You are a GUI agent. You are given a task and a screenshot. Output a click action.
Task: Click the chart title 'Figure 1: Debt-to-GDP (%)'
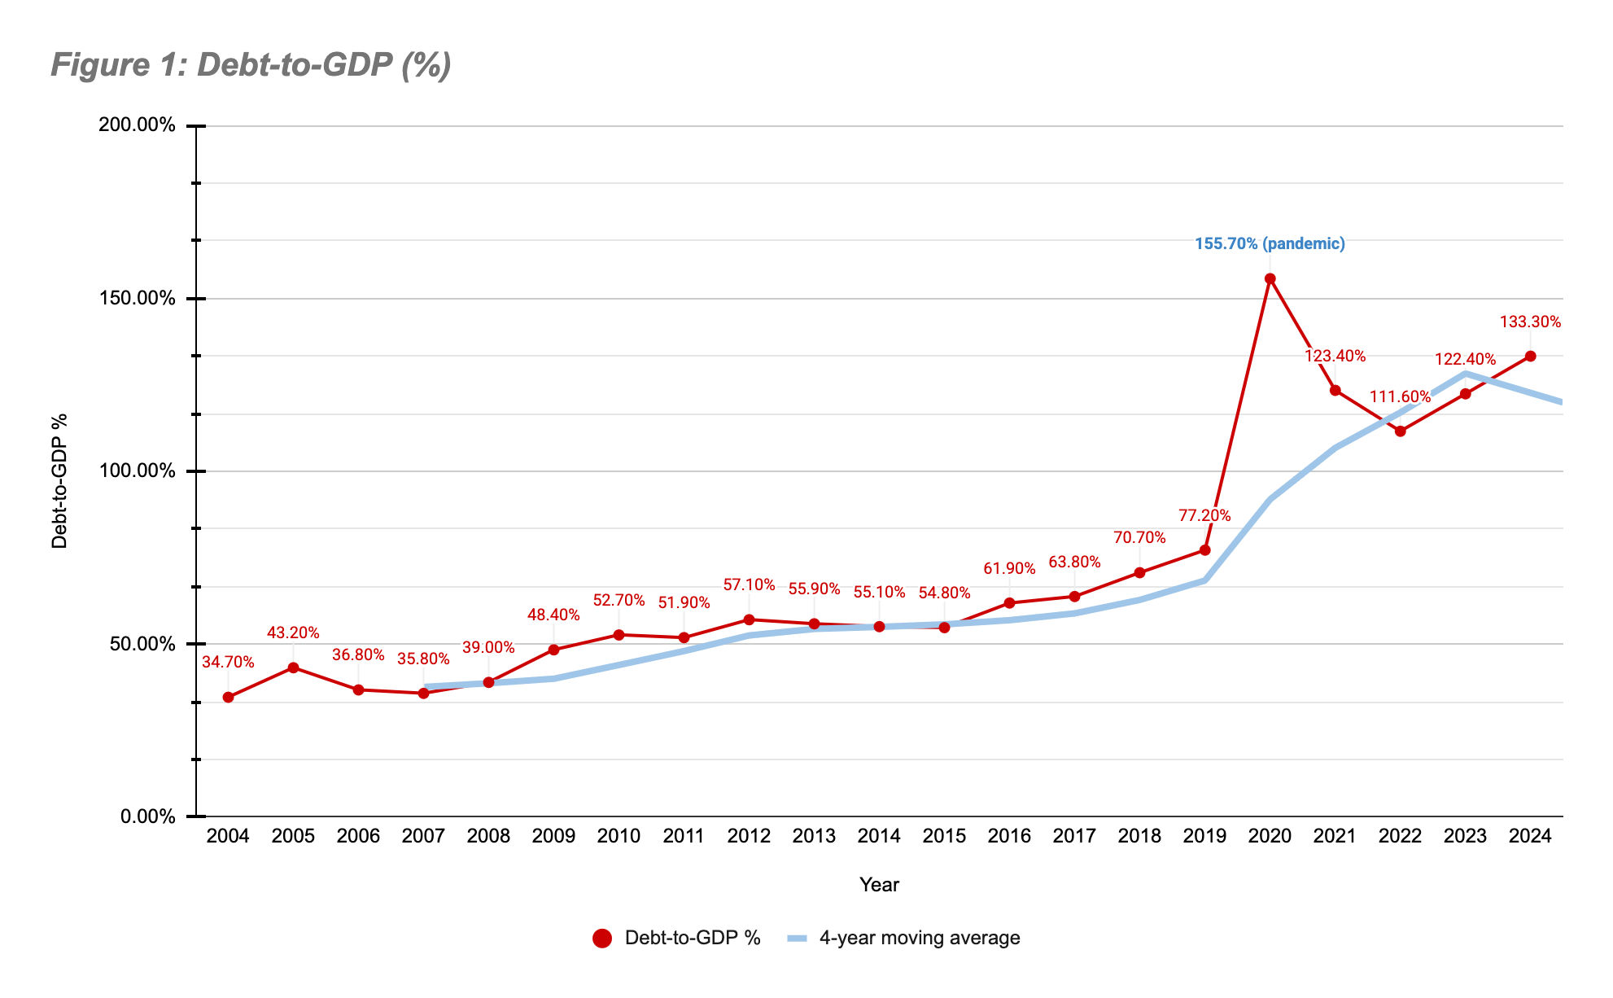point(251,65)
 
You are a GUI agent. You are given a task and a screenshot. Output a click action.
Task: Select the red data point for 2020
point(1270,278)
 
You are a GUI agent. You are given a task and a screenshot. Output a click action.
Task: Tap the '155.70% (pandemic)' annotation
point(1270,243)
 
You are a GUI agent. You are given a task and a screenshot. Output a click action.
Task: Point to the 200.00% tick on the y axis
point(137,125)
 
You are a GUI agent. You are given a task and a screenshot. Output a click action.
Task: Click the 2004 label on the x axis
point(228,836)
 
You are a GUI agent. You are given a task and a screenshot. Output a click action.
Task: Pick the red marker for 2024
point(1530,356)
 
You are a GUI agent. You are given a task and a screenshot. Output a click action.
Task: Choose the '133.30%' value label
point(1530,322)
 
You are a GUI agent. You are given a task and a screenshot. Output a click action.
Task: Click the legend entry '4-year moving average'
point(919,938)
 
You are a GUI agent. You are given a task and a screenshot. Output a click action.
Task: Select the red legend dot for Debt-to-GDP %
point(602,939)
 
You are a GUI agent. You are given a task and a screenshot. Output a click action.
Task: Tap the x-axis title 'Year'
point(879,885)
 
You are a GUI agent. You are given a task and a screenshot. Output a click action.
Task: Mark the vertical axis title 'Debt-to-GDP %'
point(59,481)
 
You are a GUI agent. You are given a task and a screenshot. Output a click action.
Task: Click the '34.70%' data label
point(228,663)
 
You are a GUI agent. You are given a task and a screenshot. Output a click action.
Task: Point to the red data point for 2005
point(293,668)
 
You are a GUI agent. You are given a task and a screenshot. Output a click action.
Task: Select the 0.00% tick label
point(148,816)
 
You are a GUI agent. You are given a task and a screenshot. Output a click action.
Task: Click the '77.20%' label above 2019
point(1204,515)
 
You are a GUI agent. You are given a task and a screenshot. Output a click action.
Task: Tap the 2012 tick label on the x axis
point(749,836)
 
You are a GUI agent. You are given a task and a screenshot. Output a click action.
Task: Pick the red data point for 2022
point(1400,431)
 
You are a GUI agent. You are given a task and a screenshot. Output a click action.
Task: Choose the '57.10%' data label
point(749,585)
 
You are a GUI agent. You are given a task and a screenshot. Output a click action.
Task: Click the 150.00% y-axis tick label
point(137,298)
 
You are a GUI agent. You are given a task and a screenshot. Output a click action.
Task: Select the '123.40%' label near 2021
point(1335,356)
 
